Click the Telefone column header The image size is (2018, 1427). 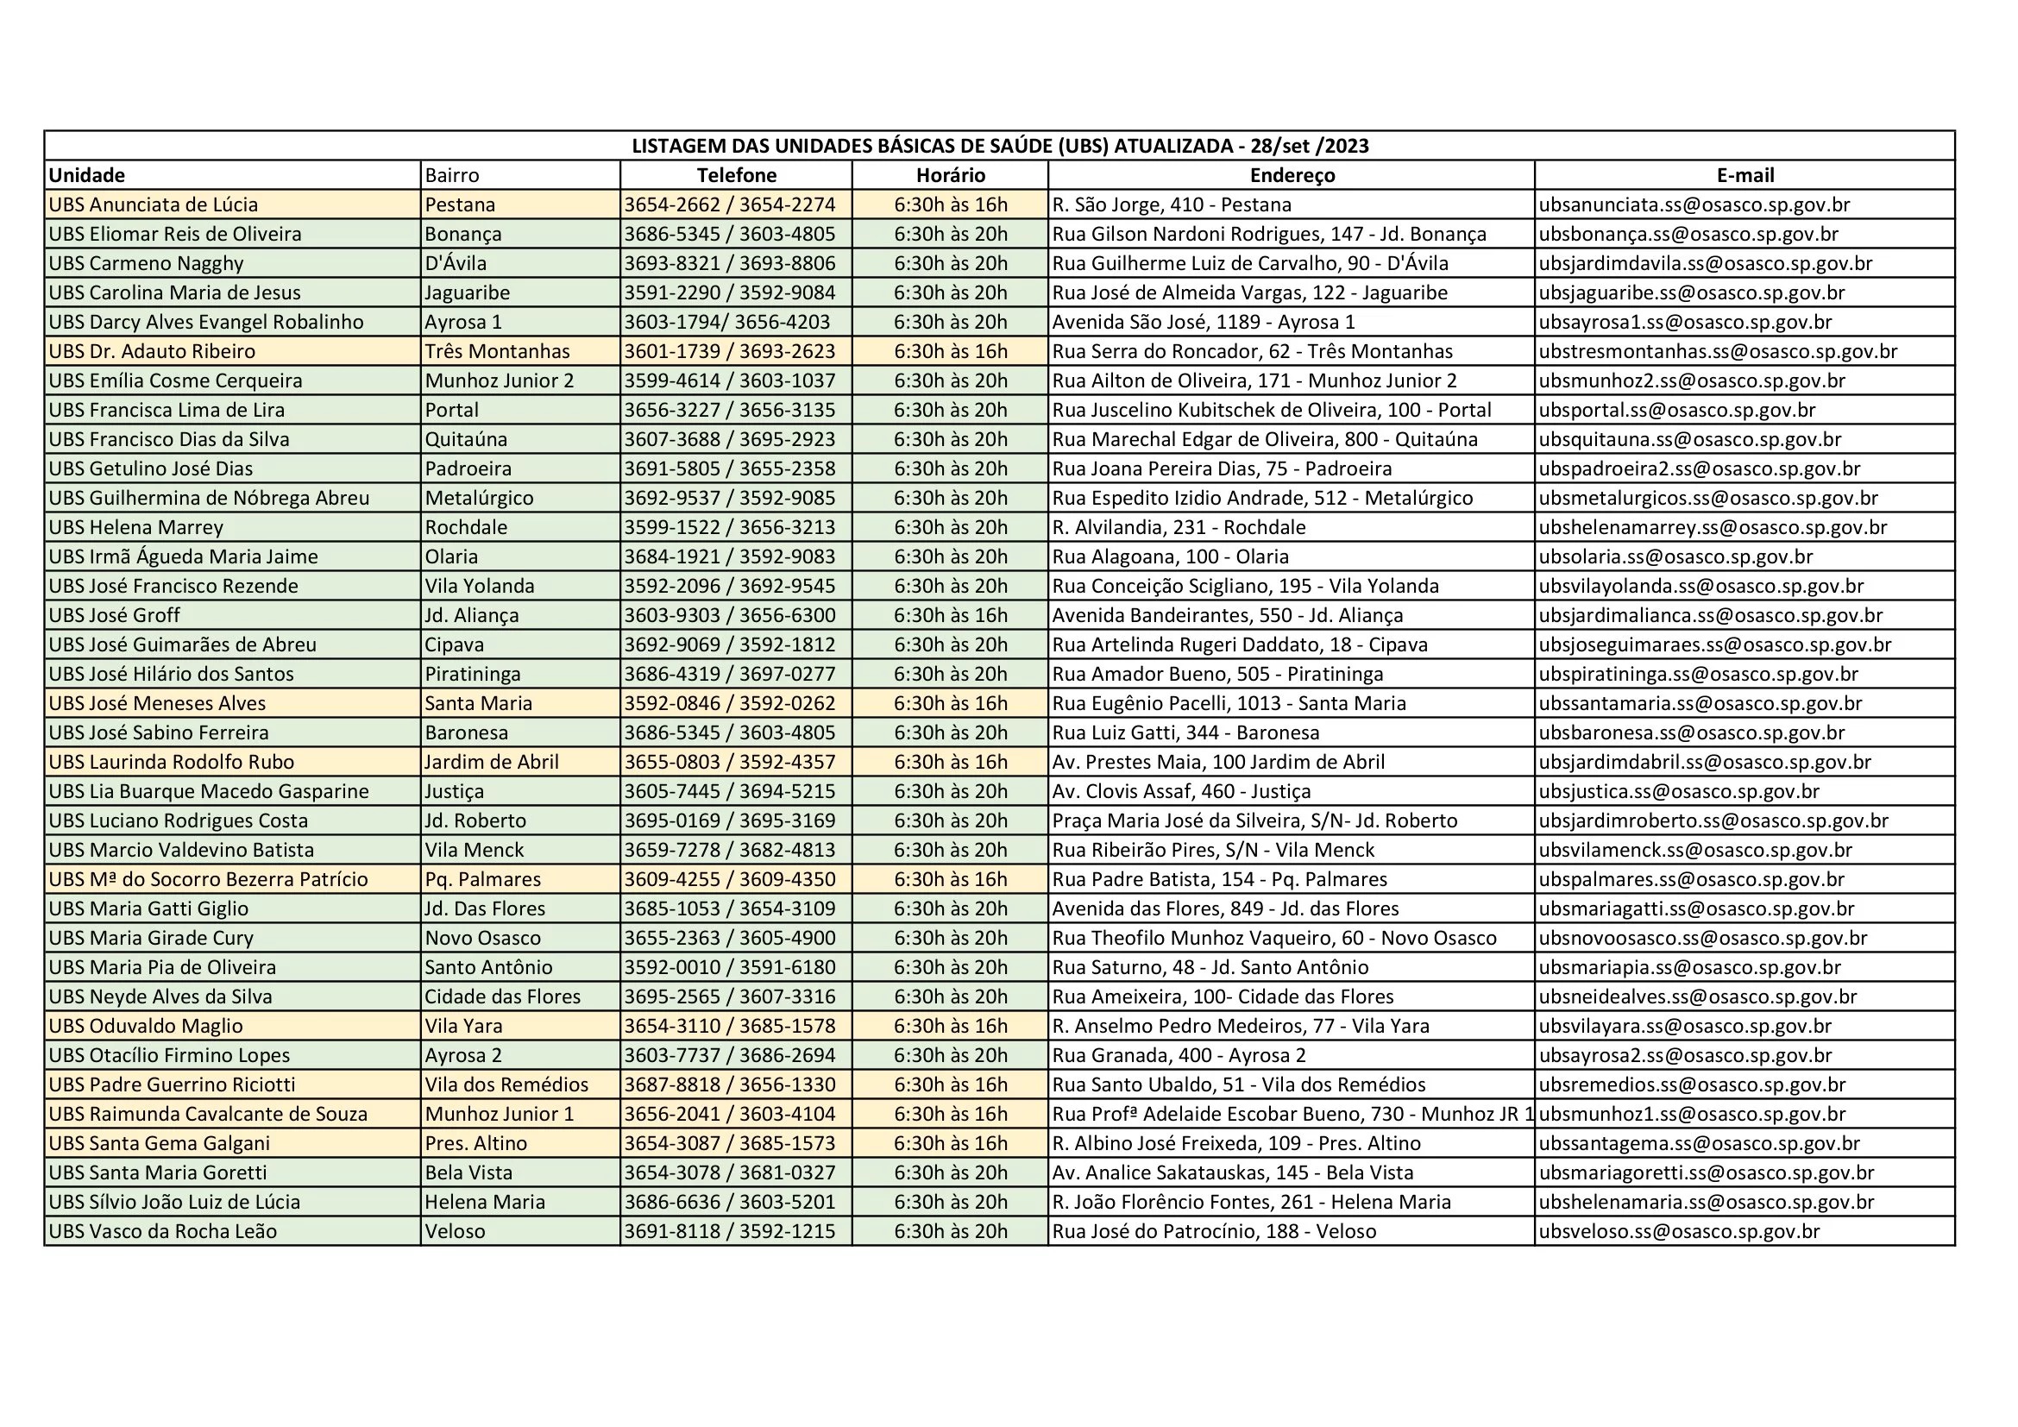click(x=736, y=175)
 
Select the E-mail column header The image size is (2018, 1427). click(x=1745, y=175)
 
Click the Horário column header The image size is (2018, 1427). click(x=950, y=175)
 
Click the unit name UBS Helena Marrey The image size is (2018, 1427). click(x=136, y=527)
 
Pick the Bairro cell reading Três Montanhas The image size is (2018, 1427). click(x=498, y=351)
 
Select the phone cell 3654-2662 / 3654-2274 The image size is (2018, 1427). click(x=730, y=204)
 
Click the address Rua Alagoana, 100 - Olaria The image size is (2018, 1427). click(x=1171, y=556)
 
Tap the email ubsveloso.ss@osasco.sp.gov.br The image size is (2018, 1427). click(x=1679, y=1231)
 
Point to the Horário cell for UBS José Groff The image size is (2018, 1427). click(x=950, y=615)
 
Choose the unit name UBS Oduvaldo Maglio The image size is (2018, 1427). click(x=146, y=1026)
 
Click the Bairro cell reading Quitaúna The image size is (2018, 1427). click(x=466, y=439)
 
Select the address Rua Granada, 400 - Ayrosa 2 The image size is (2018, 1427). click(x=1179, y=1055)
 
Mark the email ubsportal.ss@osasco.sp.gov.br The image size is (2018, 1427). click(x=1677, y=410)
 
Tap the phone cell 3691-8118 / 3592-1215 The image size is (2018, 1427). click(x=730, y=1231)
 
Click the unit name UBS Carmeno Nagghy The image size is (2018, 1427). click(x=146, y=264)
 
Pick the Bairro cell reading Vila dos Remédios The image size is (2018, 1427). click(x=506, y=1084)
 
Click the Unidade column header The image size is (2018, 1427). click(x=87, y=175)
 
